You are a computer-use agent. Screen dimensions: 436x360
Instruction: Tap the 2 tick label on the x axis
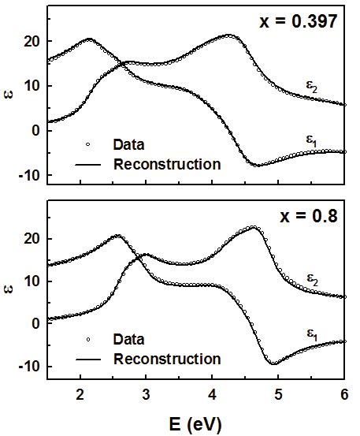[x=80, y=393]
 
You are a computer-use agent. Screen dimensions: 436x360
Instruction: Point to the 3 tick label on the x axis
[x=146, y=393]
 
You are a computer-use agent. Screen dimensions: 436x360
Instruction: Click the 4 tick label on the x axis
[x=212, y=393]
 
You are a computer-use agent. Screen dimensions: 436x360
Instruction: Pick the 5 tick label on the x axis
[x=278, y=393]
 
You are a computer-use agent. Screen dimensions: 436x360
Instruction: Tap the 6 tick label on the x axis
[x=344, y=393]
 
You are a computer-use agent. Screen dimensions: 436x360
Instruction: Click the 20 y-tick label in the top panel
[x=34, y=41]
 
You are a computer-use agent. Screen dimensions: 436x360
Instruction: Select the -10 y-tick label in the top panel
[x=31, y=174]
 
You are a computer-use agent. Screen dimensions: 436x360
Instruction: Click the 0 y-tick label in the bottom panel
[x=38, y=323]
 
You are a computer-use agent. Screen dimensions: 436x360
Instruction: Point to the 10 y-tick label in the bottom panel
[x=34, y=281]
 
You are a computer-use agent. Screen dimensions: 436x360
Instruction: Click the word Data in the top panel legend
[x=128, y=145]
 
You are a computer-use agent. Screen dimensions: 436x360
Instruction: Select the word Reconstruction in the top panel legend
[x=167, y=165]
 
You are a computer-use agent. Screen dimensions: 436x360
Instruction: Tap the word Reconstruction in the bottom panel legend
[x=167, y=359]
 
